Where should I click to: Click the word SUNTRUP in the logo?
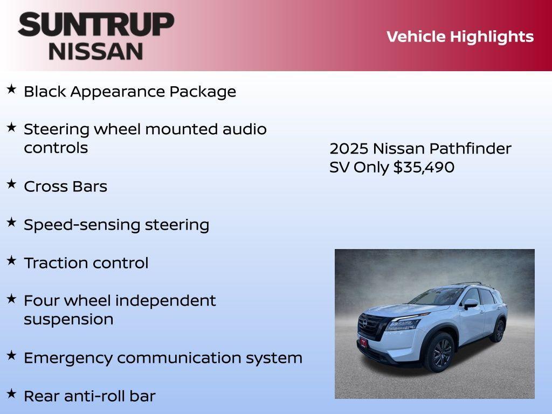[96, 24]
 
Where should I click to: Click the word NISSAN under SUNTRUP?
[96, 51]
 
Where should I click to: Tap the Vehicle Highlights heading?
[460, 37]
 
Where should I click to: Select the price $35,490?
[424, 167]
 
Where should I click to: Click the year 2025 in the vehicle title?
[348, 149]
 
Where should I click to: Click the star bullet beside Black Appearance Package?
[11, 89]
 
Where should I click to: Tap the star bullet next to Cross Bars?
[11, 184]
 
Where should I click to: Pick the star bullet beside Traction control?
[11, 261]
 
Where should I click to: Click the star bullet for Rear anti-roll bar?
[11, 394]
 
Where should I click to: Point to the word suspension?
[68, 319]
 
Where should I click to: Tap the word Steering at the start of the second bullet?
[57, 129]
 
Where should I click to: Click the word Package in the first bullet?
[203, 92]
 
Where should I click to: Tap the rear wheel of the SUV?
[498, 330]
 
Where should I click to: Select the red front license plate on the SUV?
[364, 342]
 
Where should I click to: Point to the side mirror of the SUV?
[470, 303]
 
